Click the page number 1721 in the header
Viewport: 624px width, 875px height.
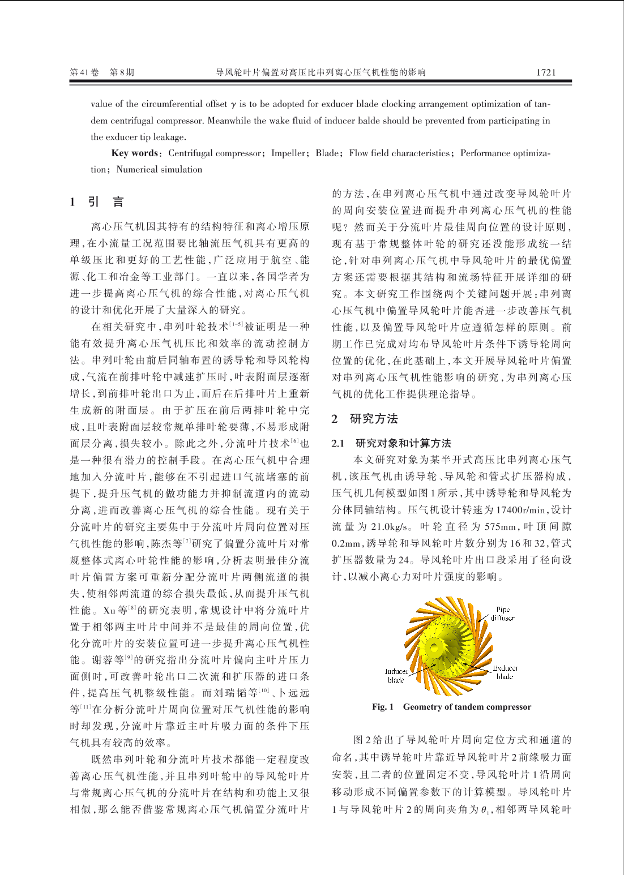[546, 72]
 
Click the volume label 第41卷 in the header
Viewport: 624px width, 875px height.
[84, 72]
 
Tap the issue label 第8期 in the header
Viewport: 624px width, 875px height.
[122, 72]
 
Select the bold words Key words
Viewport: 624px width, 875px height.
[135, 153]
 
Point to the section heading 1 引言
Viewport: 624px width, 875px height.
[97, 202]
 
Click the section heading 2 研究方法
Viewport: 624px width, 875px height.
[365, 419]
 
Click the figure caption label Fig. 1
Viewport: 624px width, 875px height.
[383, 707]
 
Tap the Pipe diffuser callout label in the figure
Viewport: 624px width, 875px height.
[503, 614]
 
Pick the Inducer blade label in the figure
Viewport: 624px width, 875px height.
[396, 676]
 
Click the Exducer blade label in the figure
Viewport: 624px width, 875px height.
[505, 672]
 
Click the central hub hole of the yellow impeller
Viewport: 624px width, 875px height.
[435, 647]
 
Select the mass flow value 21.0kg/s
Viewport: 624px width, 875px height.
[390, 527]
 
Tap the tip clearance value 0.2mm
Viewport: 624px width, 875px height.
[347, 543]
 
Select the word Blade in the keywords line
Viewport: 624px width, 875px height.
[327, 153]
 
